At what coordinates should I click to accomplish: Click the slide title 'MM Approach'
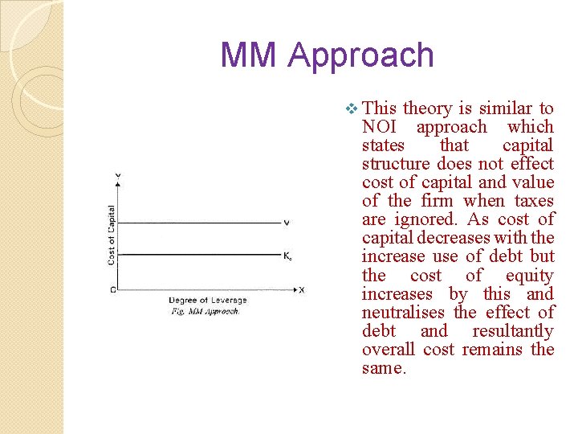[327, 55]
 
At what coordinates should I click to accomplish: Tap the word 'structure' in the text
[397, 164]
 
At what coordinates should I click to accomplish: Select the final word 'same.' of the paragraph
[385, 368]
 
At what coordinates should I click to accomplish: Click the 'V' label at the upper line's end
[287, 223]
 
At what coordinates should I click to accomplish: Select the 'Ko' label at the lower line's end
[287, 256]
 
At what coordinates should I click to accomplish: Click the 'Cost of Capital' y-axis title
[111, 235]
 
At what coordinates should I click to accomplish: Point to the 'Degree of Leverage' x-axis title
[204, 301]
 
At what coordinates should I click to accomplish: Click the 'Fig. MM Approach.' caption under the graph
[206, 311]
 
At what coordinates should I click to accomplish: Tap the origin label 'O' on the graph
[112, 289]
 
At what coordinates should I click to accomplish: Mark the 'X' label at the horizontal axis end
[302, 289]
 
